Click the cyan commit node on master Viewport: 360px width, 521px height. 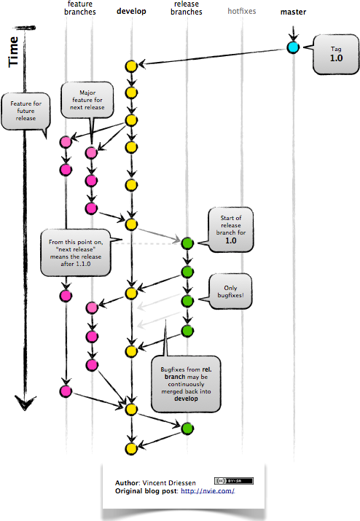pyautogui.click(x=293, y=48)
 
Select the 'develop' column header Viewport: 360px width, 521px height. pyautogui.click(x=131, y=12)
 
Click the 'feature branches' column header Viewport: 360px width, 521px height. pyautogui.click(x=79, y=9)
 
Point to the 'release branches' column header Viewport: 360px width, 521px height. pyautogui.click(x=187, y=9)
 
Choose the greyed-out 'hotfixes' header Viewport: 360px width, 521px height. pyautogui.click(x=242, y=12)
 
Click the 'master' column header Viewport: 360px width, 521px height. pyautogui.click(x=294, y=12)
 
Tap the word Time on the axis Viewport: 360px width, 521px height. pyautogui.click(x=14, y=53)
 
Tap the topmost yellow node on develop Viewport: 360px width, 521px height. pyautogui.click(x=131, y=66)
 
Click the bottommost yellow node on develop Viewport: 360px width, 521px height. pyautogui.click(x=131, y=447)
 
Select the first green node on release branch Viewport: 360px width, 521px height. pyautogui.click(x=187, y=243)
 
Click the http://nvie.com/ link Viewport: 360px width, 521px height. pyautogui.click(x=213, y=491)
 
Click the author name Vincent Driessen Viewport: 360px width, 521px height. pyautogui.click(x=169, y=483)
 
